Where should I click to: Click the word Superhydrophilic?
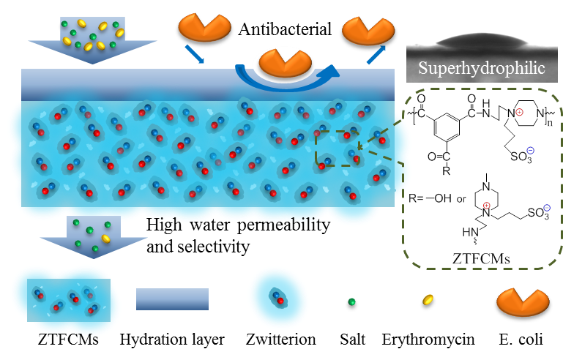[482, 70]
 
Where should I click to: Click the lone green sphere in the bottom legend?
[351, 301]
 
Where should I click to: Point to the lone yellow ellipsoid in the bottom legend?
[428, 299]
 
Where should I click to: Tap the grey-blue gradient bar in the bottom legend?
[172, 299]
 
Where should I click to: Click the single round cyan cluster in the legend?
[277, 298]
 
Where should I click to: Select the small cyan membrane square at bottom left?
[68, 299]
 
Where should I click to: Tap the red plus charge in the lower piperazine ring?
[486, 206]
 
